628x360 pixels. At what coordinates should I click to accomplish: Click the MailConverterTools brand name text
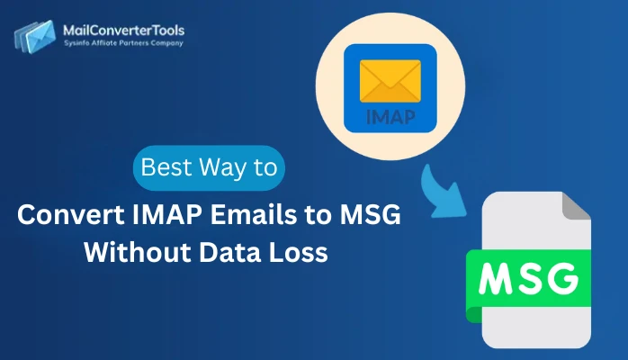coord(122,30)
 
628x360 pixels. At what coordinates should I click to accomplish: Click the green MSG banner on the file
coord(527,276)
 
